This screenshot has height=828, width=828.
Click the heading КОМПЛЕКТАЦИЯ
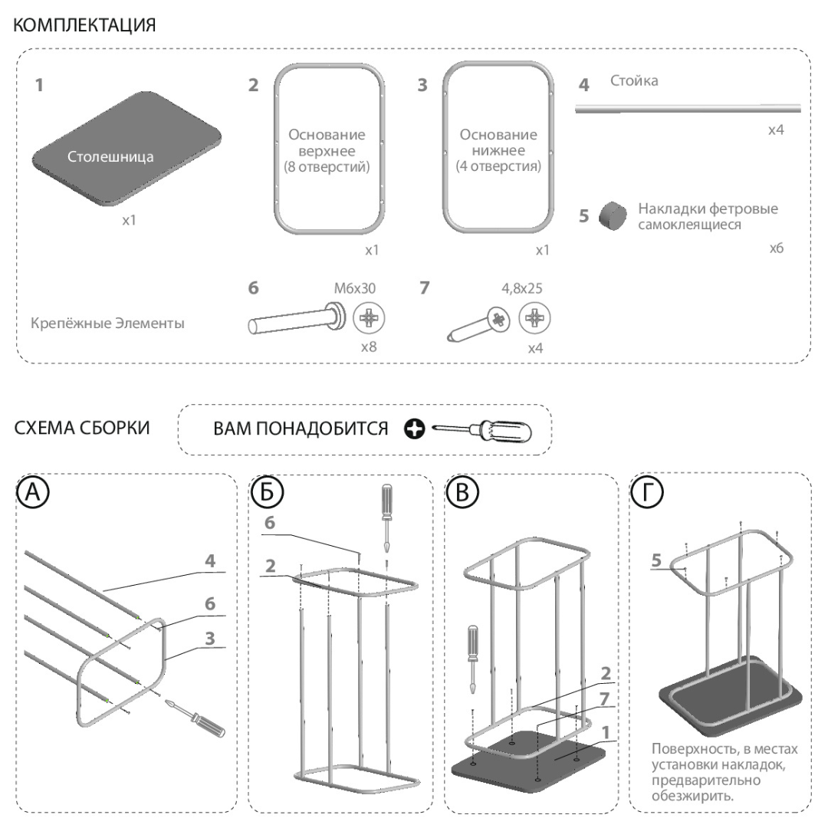click(84, 25)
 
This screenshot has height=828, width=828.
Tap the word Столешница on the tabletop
click(110, 157)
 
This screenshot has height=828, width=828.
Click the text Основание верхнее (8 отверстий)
click(327, 150)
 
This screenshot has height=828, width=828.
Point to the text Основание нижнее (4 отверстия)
click(498, 150)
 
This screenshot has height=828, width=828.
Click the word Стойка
click(634, 80)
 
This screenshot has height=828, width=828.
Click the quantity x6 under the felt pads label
click(776, 249)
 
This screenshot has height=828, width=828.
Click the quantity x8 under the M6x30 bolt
click(370, 347)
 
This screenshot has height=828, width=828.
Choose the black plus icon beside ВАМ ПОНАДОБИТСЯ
click(415, 431)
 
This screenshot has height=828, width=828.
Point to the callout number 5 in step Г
click(657, 560)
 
